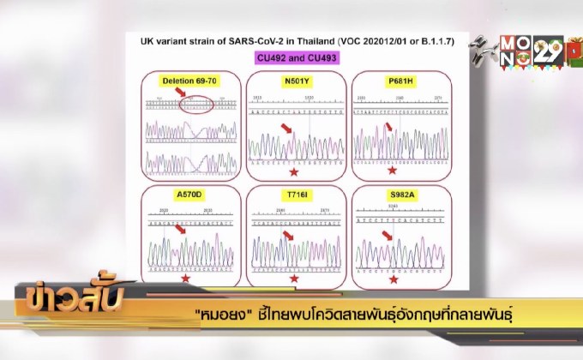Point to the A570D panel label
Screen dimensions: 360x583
(189, 195)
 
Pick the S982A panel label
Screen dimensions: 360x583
(394, 195)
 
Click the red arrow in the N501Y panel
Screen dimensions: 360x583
(286, 128)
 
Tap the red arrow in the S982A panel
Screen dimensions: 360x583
(388, 235)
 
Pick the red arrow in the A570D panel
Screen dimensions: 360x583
(178, 228)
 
